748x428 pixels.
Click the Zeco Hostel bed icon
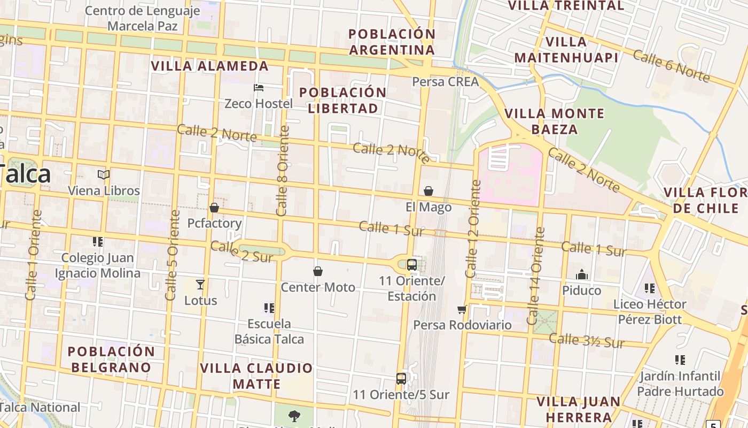259,87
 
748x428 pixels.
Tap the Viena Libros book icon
104,174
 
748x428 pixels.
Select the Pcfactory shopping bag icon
214,208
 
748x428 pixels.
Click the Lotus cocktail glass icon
200,284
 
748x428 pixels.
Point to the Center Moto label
318,287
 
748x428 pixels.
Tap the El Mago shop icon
428,191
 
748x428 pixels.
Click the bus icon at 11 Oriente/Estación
411,264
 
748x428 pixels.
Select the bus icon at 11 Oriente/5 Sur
401,378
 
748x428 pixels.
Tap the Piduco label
582,291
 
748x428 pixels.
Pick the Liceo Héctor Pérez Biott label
650,312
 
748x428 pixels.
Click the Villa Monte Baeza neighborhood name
555,121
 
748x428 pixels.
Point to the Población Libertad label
342,100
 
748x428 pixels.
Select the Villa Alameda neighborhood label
209,66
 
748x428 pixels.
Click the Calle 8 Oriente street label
282,171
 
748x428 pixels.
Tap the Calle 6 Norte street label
672,66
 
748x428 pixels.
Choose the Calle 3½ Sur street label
587,340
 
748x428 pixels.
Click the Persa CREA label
445,82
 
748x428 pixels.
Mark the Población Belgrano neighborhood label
111,360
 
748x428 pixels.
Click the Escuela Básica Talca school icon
269,308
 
